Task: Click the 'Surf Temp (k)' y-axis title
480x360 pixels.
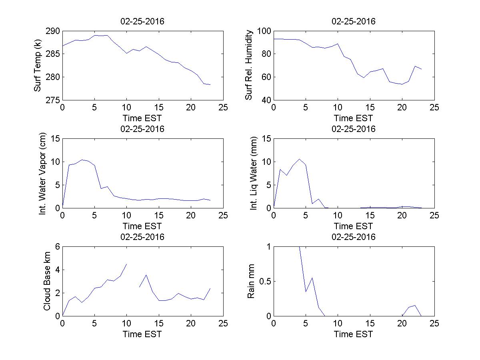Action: point(38,65)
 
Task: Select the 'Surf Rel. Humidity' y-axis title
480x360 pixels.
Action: point(249,65)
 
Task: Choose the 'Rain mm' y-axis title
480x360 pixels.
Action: point(251,281)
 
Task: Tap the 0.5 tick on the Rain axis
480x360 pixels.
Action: point(262,281)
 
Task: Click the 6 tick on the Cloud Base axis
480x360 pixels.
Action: point(57,247)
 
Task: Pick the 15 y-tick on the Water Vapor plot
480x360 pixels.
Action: point(55,139)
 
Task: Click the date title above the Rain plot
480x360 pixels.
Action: point(354,237)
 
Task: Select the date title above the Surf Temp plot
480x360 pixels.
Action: point(142,22)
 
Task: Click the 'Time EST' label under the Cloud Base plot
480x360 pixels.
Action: point(142,334)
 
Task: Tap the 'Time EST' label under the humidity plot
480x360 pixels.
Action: point(354,118)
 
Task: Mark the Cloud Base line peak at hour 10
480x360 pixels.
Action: point(127,264)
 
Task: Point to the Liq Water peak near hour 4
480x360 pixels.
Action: point(299,159)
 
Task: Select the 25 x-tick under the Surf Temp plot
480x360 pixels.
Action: point(224,108)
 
